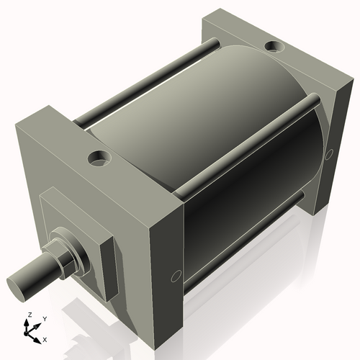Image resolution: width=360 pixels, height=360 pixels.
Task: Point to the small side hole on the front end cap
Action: tap(176, 275)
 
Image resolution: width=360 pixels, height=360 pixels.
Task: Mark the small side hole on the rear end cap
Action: tap(330, 153)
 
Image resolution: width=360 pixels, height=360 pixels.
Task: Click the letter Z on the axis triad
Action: tap(30, 315)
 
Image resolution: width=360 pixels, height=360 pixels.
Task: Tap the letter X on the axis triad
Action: tap(45, 338)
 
